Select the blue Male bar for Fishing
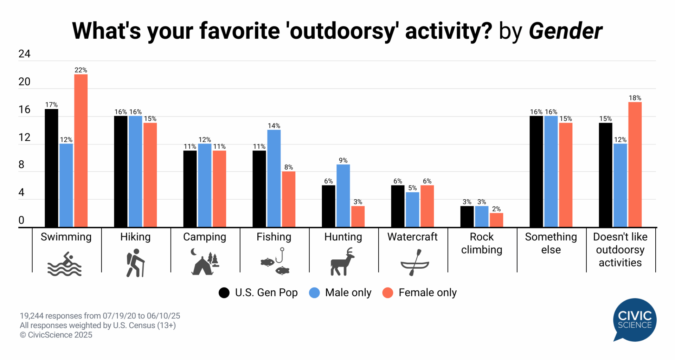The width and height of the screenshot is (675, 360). tap(274, 178)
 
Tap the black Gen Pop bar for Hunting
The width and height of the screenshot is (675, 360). tap(328, 206)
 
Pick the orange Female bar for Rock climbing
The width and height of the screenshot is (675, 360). tap(496, 220)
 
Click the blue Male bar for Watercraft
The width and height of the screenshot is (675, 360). tap(412, 210)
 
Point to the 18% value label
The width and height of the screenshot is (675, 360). tap(635, 98)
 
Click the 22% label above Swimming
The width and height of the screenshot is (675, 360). tap(81, 70)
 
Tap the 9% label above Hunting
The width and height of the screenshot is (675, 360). tap(343, 161)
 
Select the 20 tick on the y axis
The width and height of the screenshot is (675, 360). tap(24, 82)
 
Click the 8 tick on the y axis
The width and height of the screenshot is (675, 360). tap(21, 165)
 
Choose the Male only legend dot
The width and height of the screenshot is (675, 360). tap(314, 293)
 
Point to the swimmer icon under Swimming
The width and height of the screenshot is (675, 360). tap(65, 264)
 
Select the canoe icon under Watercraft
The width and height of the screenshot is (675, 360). tap(415, 263)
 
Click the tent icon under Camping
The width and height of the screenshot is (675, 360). tap(204, 264)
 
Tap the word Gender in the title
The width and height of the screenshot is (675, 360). tap(565, 31)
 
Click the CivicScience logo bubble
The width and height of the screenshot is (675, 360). tap(635, 320)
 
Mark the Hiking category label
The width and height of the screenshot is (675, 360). tap(135, 237)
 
